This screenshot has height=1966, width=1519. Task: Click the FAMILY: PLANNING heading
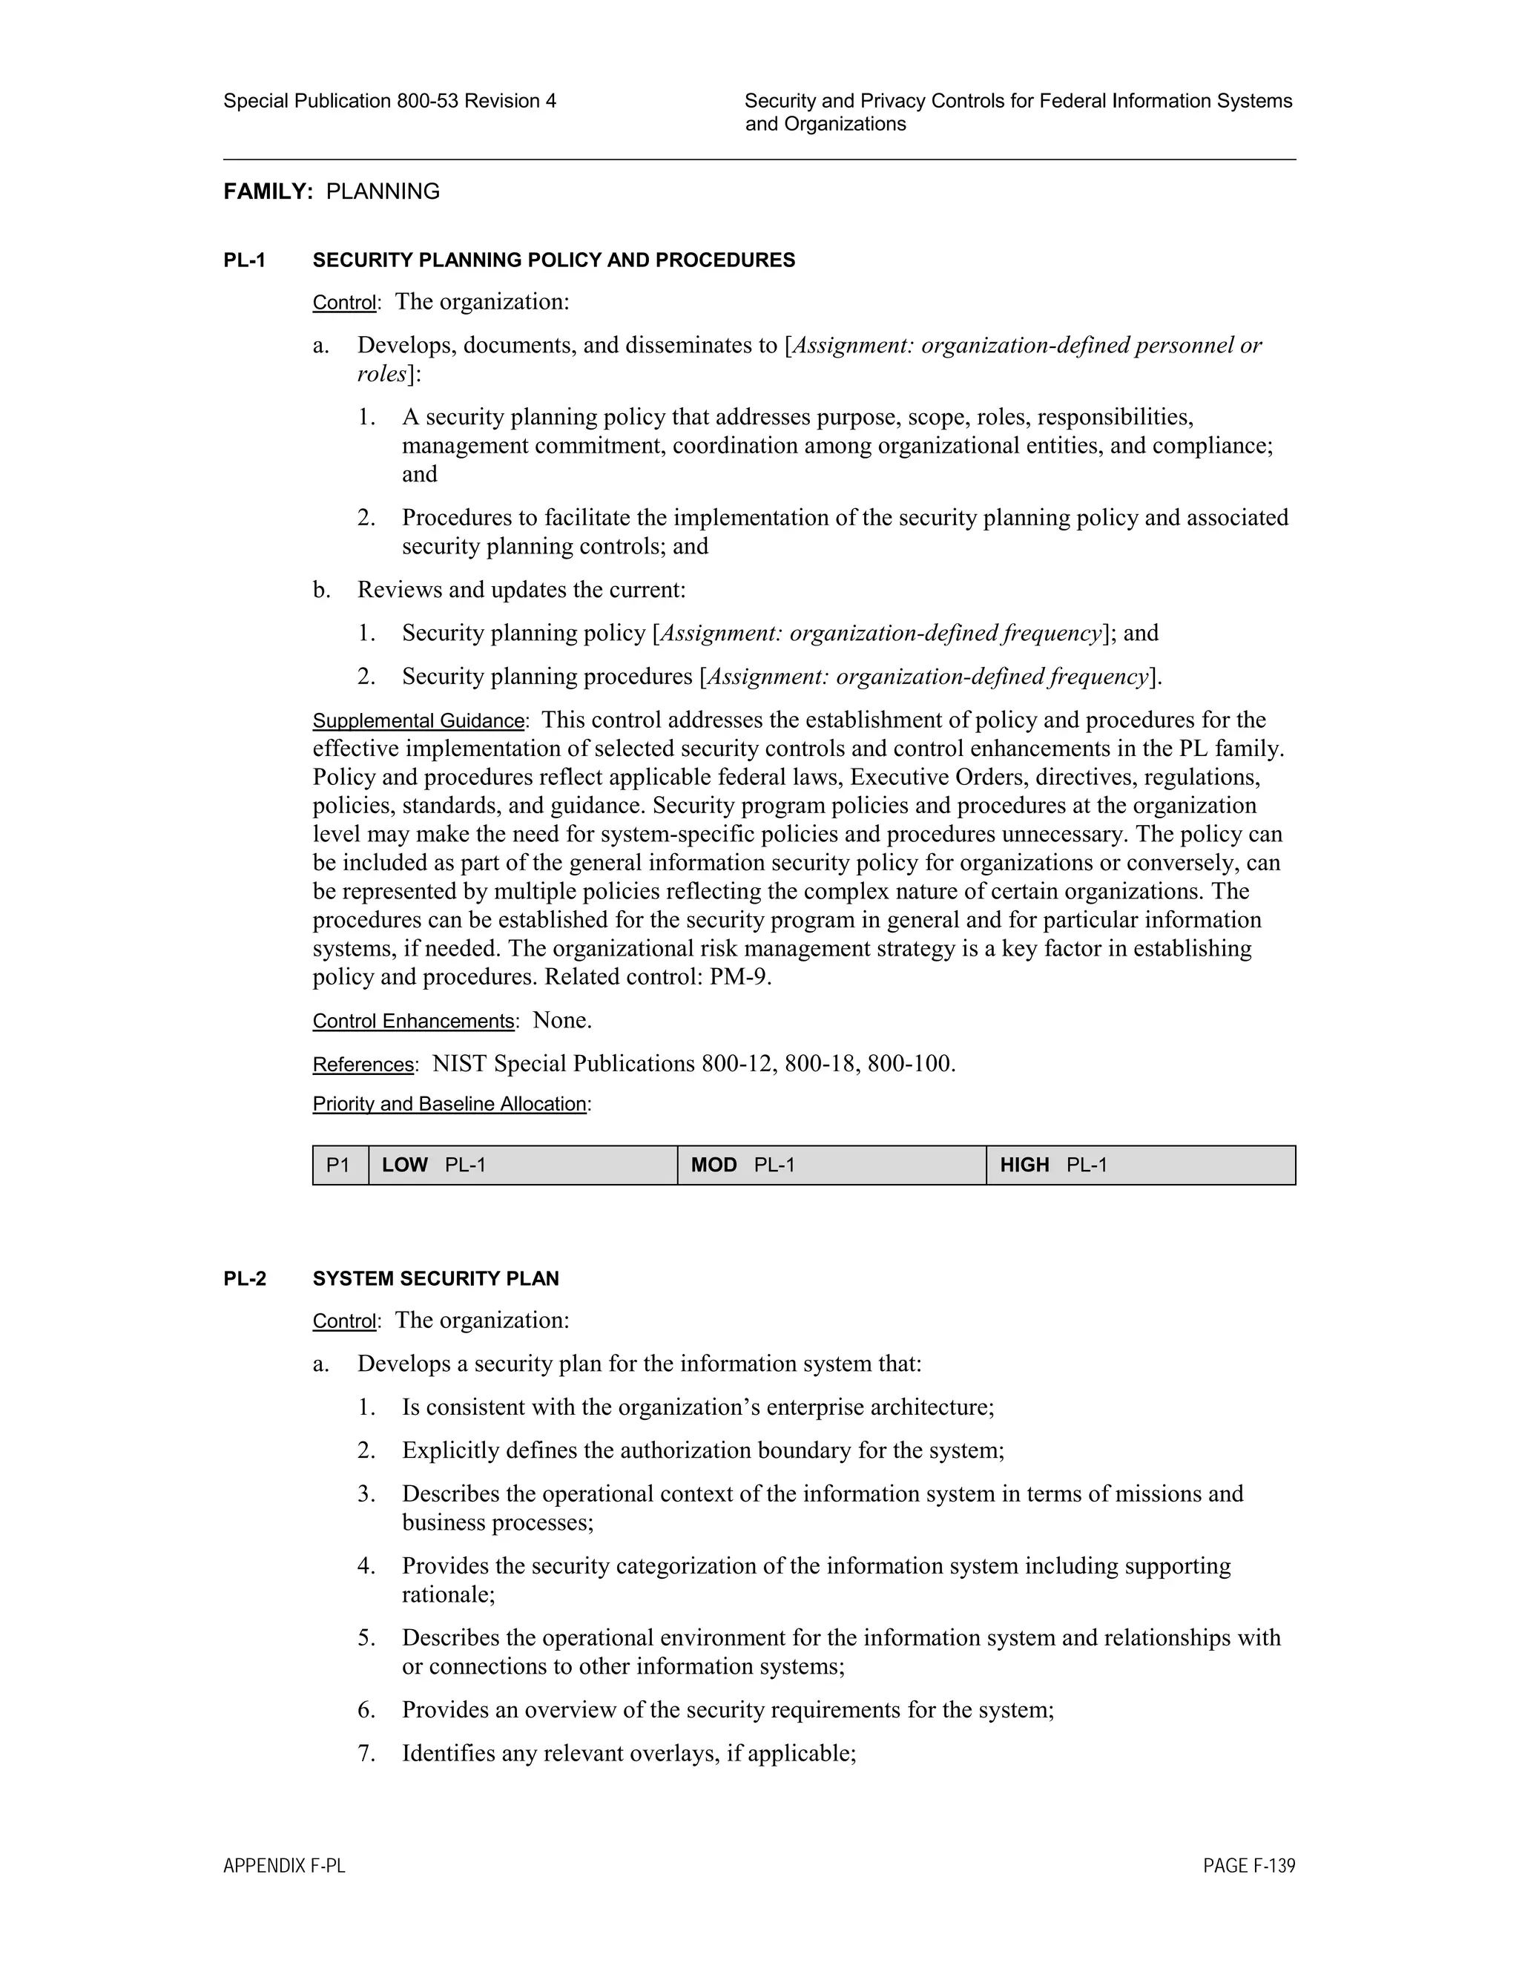331,191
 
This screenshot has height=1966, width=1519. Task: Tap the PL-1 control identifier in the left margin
245,260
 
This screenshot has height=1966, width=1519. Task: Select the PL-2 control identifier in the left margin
245,1278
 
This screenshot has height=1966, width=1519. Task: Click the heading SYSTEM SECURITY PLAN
435,1278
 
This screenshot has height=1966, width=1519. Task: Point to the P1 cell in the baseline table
339,1165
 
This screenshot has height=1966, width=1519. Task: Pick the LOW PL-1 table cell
522,1165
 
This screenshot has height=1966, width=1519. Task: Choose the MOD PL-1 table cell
831,1165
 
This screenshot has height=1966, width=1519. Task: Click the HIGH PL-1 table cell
1140,1165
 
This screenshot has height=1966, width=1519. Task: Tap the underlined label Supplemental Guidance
418,721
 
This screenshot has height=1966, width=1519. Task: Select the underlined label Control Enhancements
414,1021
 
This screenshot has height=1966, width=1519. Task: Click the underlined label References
363,1064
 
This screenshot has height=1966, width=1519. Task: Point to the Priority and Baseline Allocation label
450,1104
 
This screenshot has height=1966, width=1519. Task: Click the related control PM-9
739,977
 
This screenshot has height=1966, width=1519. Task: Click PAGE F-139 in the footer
1249,1866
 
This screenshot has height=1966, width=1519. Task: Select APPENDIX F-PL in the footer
284,1866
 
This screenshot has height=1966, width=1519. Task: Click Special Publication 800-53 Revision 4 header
389,101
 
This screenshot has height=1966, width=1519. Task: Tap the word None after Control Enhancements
561,1020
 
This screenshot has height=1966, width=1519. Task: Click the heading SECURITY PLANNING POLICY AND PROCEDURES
553,260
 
